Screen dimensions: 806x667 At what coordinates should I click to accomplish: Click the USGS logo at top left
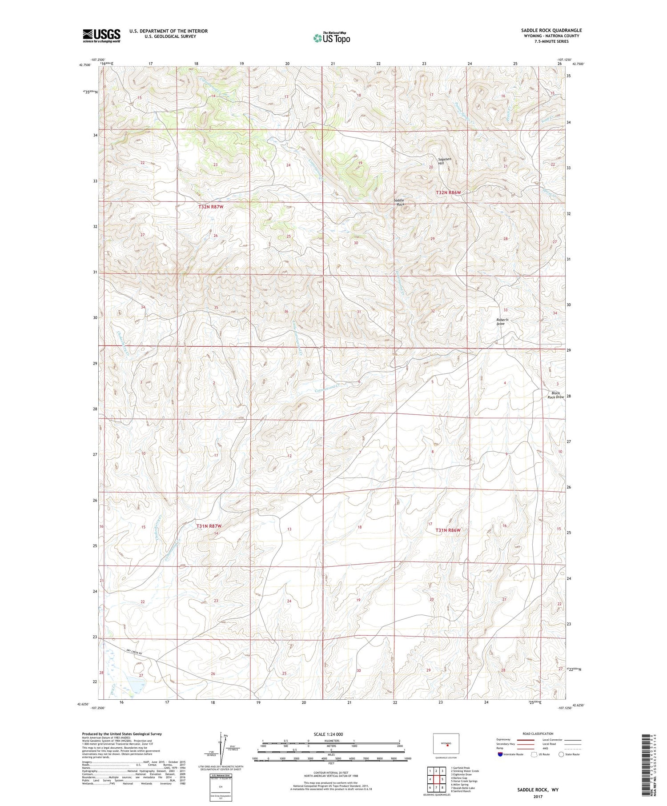[x=101, y=35]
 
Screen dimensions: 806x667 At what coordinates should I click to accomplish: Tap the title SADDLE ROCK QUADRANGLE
[x=551, y=30]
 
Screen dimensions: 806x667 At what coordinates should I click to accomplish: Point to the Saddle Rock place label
[x=399, y=202]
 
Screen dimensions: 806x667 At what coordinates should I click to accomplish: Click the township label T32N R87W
[x=210, y=207]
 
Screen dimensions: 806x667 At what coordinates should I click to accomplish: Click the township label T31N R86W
[x=448, y=530]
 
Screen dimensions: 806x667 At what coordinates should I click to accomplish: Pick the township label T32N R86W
[x=448, y=192]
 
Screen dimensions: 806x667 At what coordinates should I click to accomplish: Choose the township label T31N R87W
[x=209, y=526]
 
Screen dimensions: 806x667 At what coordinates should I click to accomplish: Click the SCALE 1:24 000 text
[x=331, y=734]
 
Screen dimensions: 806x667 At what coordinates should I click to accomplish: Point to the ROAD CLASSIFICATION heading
[x=538, y=734]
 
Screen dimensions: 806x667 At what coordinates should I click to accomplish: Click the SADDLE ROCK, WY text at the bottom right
[x=538, y=790]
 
